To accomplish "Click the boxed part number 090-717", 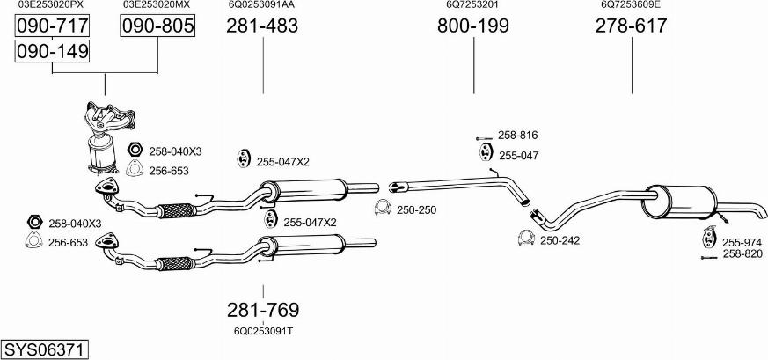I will pyautogui.click(x=53, y=26).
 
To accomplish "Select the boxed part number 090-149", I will pyautogui.click(x=53, y=52).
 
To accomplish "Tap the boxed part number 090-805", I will pyautogui.click(x=157, y=26).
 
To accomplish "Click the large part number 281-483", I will pyautogui.click(x=262, y=26).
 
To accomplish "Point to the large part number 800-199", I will pyautogui.click(x=473, y=26).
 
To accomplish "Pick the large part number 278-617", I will pyautogui.click(x=631, y=26).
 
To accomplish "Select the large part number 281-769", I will pyautogui.click(x=263, y=310).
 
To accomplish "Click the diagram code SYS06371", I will pyautogui.click(x=44, y=349).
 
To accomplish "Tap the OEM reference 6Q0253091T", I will pyautogui.click(x=263, y=331).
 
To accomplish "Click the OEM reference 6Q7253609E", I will pyautogui.click(x=631, y=4).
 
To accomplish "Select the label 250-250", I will pyautogui.click(x=416, y=209).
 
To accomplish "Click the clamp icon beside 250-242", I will pyautogui.click(x=526, y=238).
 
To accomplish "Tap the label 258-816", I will pyautogui.click(x=517, y=136).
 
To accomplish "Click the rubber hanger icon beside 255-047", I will pyautogui.click(x=485, y=155).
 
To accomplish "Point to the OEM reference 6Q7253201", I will pyautogui.click(x=472, y=4).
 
